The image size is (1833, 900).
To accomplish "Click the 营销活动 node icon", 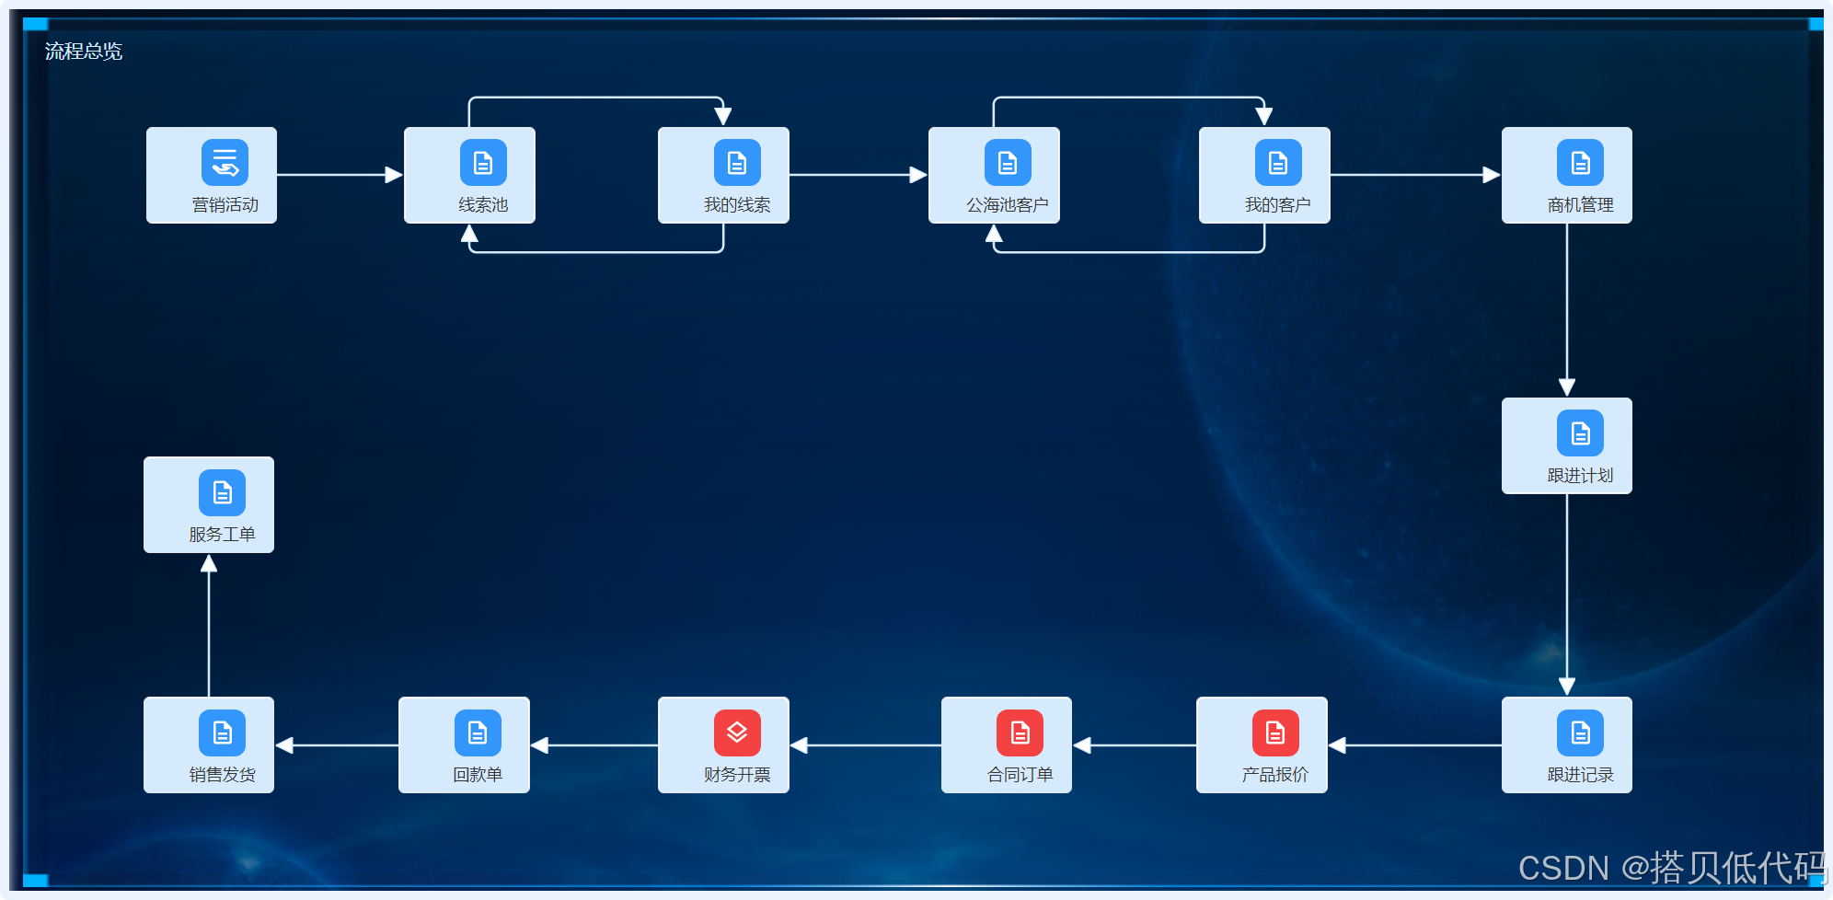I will coord(225,163).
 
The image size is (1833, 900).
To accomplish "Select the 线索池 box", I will coord(469,176).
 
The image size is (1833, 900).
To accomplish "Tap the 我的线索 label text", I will coord(736,205).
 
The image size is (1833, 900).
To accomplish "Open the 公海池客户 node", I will coord(994,176).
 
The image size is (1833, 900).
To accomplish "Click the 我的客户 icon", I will coord(1277,163).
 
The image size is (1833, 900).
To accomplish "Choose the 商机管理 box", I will coord(1566,176).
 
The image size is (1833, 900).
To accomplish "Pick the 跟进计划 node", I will coord(1566,446).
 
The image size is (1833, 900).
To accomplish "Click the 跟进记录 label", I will coord(1580,775).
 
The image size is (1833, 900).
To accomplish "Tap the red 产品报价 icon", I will coord(1274,733).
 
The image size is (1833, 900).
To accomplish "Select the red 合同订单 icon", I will coord(1020,733).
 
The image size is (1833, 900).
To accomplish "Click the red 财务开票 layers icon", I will coord(736,733).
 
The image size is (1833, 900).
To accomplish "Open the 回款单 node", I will coord(464,744).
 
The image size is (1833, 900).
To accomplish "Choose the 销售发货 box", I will coord(209,744).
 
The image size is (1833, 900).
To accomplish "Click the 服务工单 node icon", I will coord(222,492).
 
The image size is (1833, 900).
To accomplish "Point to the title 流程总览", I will coord(84,52).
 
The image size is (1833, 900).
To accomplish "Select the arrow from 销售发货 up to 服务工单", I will coord(209,626).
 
